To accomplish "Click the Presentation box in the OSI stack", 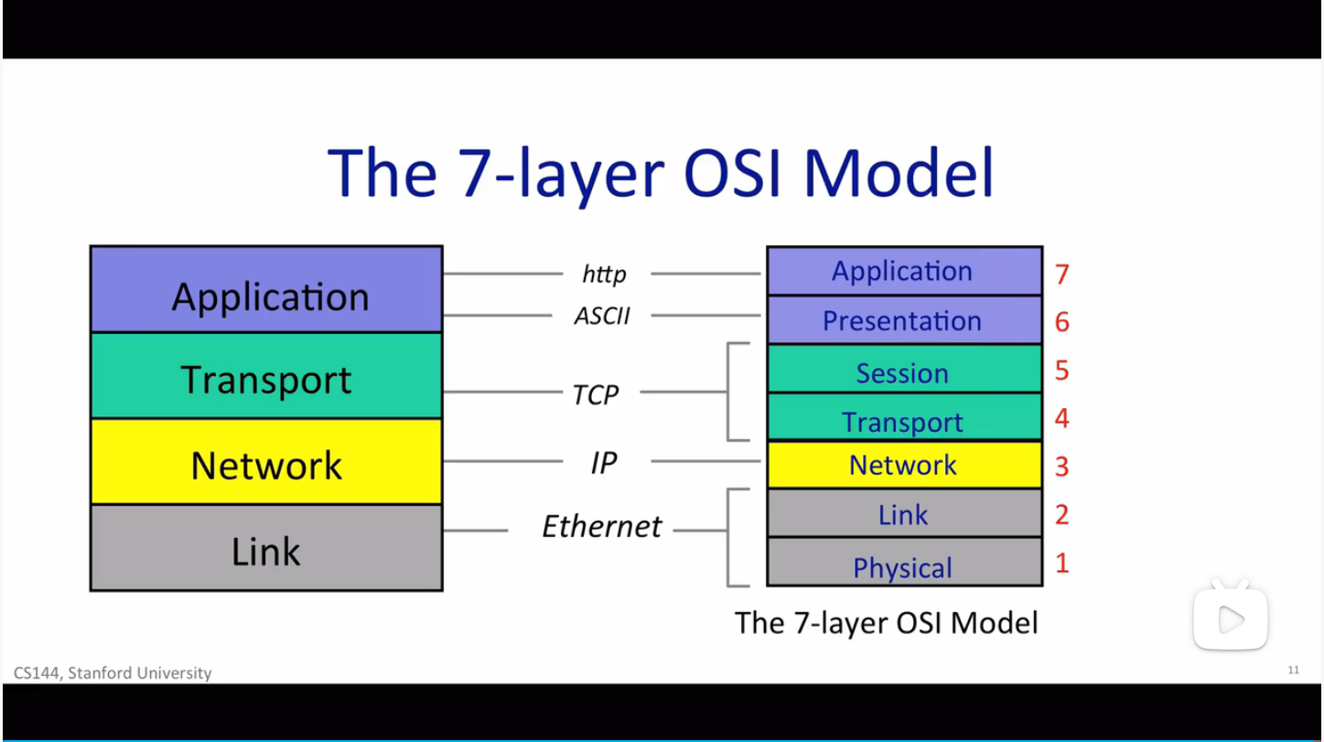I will tap(903, 320).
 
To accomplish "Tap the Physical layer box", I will tap(903, 563).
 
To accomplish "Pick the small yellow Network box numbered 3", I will tap(903, 465).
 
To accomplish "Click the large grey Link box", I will tap(266, 548).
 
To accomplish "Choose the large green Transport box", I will tap(266, 376).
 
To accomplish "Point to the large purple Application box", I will tap(266, 290).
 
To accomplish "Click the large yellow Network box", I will tap(266, 462).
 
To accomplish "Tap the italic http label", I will tap(604, 274).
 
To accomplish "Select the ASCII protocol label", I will tap(602, 316).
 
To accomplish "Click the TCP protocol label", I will tap(596, 395).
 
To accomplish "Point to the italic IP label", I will tap(603, 463).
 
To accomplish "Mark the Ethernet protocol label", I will tap(601, 527).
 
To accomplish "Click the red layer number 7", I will tap(1061, 274).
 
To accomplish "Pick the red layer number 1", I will tap(1061, 563).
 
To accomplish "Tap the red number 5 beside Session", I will tap(1061, 370).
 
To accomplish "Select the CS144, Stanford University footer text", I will tap(113, 672).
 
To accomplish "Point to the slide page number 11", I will tap(1293, 670).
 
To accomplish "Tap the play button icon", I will tap(1231, 619).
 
